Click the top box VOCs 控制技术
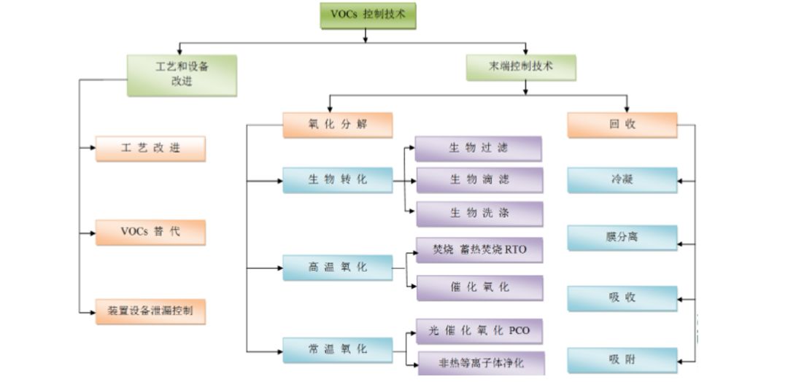coord(368,15)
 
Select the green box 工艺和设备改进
coord(182,74)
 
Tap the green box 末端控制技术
coord(521,67)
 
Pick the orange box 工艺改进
coord(150,149)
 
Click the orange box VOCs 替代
coord(150,232)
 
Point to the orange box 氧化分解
coord(337,125)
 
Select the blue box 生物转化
coord(337,180)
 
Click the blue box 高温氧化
coord(337,268)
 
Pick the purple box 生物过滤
coord(479,149)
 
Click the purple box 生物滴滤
coord(479,180)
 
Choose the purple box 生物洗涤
coord(479,214)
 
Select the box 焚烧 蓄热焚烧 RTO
coord(479,250)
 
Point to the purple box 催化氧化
coord(479,287)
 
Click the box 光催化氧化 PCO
coord(479,331)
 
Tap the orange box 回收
coord(622,125)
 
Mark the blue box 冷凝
coord(622,179)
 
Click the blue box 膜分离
coord(622,238)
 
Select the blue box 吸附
coord(622,360)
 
